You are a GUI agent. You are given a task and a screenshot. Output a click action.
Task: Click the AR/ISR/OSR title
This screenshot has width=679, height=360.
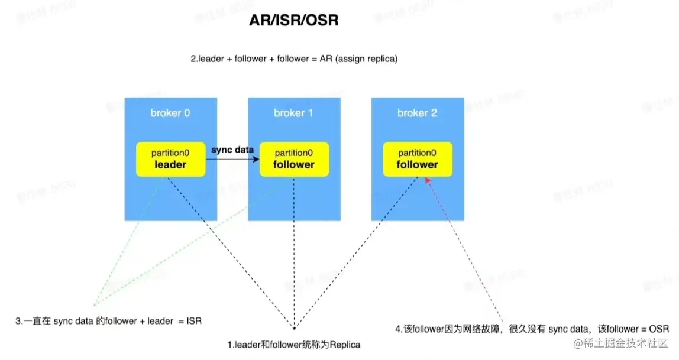294,21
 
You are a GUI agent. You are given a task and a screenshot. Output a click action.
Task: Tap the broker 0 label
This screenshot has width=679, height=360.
170,113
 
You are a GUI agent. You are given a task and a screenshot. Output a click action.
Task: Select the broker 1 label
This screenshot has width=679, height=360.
293,113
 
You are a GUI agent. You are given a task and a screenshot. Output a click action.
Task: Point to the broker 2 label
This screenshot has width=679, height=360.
417,113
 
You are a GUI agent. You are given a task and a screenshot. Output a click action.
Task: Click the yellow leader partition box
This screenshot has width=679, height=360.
170,159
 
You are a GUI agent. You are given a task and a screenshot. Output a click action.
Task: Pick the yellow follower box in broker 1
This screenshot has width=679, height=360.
294,159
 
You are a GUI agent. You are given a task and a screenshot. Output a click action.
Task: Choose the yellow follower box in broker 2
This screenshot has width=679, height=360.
417,159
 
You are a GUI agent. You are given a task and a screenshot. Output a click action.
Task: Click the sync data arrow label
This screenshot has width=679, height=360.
232,150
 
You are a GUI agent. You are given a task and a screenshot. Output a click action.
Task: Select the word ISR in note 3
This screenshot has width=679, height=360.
193,321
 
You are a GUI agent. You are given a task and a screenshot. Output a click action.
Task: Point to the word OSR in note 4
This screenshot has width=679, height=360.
658,329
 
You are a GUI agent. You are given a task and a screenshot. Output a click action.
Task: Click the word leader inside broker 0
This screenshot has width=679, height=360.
170,164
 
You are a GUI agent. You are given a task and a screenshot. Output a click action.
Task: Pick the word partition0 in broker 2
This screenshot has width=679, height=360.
417,153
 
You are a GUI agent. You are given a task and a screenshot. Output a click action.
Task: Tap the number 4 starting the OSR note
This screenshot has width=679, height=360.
397,329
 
